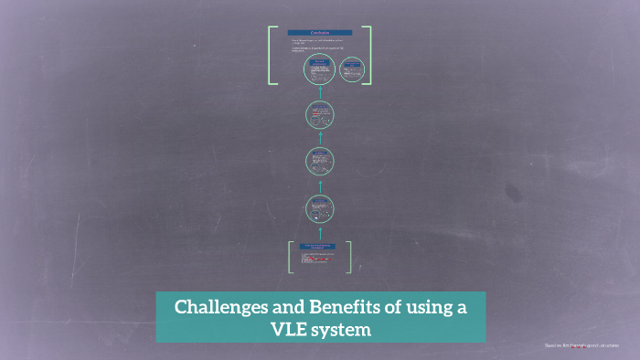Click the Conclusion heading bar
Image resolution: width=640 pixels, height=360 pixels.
pos(320,33)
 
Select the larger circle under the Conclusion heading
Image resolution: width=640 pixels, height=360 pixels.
pos(320,69)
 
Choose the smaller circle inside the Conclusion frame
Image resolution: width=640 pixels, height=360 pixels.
pos(352,69)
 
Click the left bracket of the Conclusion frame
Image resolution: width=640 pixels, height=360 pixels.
pos(271,56)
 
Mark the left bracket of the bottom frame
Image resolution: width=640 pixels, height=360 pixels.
pos(291,257)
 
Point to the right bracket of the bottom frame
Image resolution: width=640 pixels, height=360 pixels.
pos(349,257)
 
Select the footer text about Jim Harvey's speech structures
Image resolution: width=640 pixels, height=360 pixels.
pos(581,345)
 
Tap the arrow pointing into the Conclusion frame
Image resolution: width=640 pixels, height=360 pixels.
pos(320,92)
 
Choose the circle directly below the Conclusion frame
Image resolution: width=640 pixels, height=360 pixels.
pos(320,115)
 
